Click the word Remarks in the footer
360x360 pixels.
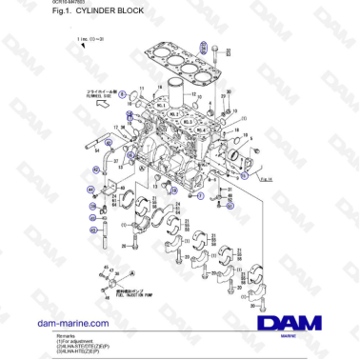pyautogui.click(x=66, y=337)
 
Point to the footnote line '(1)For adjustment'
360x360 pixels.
pyautogui.click(x=73, y=342)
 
